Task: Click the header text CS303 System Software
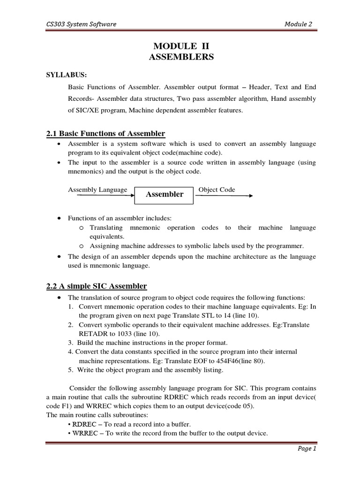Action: tap(77, 24)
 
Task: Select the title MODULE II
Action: tap(180, 46)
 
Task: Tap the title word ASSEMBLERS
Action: tap(180, 57)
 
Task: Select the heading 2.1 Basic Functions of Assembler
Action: tap(105, 134)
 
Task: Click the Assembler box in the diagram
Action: tap(164, 194)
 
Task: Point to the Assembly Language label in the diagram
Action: tap(97, 189)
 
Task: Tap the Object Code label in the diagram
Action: tap(217, 189)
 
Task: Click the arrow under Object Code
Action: tap(224, 196)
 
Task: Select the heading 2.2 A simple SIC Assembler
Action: tap(97, 286)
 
